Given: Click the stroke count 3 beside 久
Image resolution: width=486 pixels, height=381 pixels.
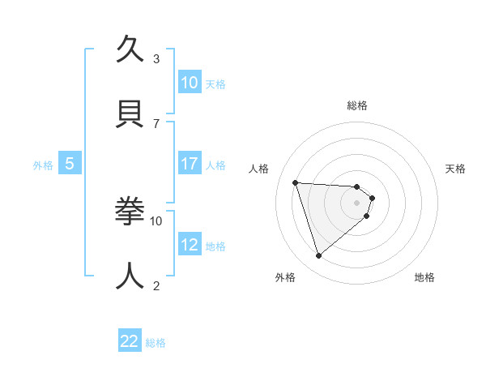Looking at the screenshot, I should [156, 58].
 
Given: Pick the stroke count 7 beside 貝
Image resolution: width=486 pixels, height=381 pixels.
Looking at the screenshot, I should [156, 122].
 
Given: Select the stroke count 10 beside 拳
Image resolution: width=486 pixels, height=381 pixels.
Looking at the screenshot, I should [156, 220].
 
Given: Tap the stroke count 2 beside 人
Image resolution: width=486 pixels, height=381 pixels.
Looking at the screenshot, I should [156, 285].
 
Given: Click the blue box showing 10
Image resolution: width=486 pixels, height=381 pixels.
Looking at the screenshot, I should [190, 83].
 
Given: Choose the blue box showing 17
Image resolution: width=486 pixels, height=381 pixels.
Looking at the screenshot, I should [190, 164].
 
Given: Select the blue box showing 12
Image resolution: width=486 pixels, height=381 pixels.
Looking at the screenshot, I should [190, 245].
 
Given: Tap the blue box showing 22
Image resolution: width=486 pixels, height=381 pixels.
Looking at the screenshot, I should [130, 341].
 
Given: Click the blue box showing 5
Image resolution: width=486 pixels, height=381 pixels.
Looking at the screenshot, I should [70, 164].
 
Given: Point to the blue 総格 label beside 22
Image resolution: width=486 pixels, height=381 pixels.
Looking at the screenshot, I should [156, 343].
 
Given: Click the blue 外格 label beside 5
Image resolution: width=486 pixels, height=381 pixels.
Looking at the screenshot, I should [43, 165].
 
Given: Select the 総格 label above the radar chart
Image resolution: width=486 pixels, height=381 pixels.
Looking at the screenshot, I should [357, 105].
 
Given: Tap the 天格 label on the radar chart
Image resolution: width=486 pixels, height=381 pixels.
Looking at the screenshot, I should [455, 169].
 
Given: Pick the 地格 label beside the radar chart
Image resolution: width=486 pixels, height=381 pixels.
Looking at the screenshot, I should [424, 277].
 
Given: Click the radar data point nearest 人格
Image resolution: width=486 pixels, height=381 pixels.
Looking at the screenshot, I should [296, 182].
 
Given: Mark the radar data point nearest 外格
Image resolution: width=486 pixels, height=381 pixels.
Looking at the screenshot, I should [318, 256].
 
